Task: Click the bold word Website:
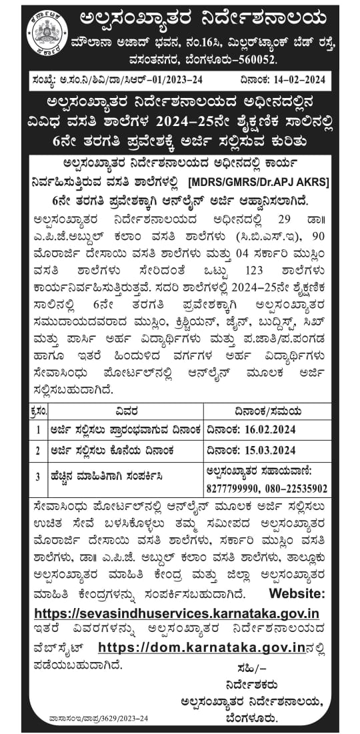pyautogui.click(x=298, y=593)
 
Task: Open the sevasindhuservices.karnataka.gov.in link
pyautogui.click(x=176, y=613)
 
